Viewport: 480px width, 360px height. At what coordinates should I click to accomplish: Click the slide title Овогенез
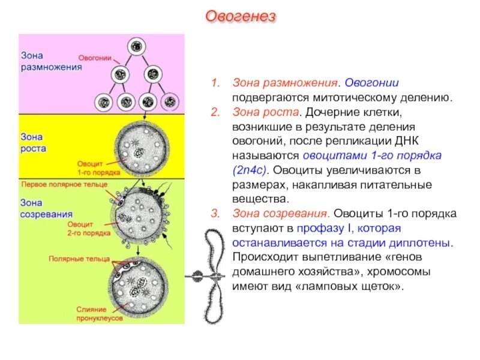click(x=241, y=16)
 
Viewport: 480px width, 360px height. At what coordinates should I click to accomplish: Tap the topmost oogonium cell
click(x=137, y=46)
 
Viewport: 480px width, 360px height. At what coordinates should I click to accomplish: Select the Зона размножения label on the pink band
click(x=51, y=61)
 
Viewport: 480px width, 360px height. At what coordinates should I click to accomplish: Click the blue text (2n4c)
click(x=252, y=170)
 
